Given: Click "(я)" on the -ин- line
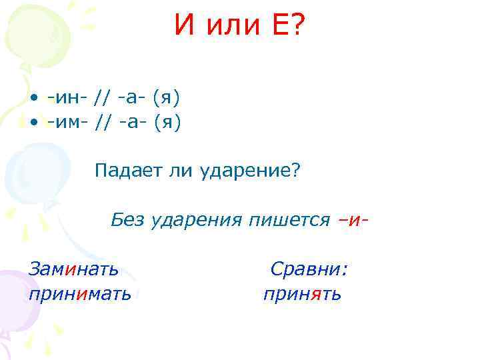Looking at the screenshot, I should (166, 99).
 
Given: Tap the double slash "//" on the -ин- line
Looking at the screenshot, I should (103, 99).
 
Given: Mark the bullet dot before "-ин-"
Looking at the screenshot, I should (33, 99).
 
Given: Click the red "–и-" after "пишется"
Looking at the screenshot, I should (353, 219).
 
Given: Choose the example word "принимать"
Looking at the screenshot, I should (79, 293).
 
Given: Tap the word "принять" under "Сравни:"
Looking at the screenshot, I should (302, 293).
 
